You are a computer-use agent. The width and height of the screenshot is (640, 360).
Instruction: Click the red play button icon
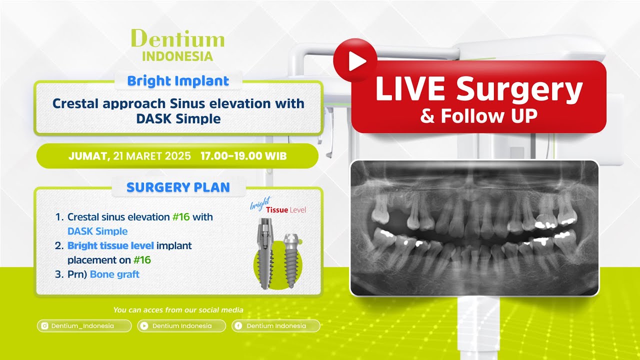(x=355, y=60)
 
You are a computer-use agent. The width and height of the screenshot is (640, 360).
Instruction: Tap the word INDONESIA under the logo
(x=177, y=56)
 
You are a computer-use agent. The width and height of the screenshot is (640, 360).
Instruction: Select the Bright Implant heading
(x=178, y=81)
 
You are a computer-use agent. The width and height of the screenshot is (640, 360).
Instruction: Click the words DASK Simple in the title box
(x=178, y=119)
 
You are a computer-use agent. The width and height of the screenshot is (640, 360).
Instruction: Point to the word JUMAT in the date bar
(x=88, y=156)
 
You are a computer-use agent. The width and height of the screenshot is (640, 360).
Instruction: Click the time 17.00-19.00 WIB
(x=243, y=156)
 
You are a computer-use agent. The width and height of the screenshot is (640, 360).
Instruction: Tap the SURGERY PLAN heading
(x=178, y=187)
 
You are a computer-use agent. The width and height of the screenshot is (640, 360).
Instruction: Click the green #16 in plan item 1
(x=183, y=217)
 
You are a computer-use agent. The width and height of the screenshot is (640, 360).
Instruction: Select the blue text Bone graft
(x=114, y=274)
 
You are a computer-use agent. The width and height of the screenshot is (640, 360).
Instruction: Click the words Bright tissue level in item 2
(x=110, y=245)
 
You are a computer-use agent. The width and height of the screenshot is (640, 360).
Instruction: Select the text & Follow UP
(x=478, y=116)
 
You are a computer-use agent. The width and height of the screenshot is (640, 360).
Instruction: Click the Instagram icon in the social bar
(x=44, y=326)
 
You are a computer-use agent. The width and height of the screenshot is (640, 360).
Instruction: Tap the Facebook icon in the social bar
(x=239, y=326)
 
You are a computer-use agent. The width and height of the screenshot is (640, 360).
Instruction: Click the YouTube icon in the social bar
(x=144, y=326)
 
